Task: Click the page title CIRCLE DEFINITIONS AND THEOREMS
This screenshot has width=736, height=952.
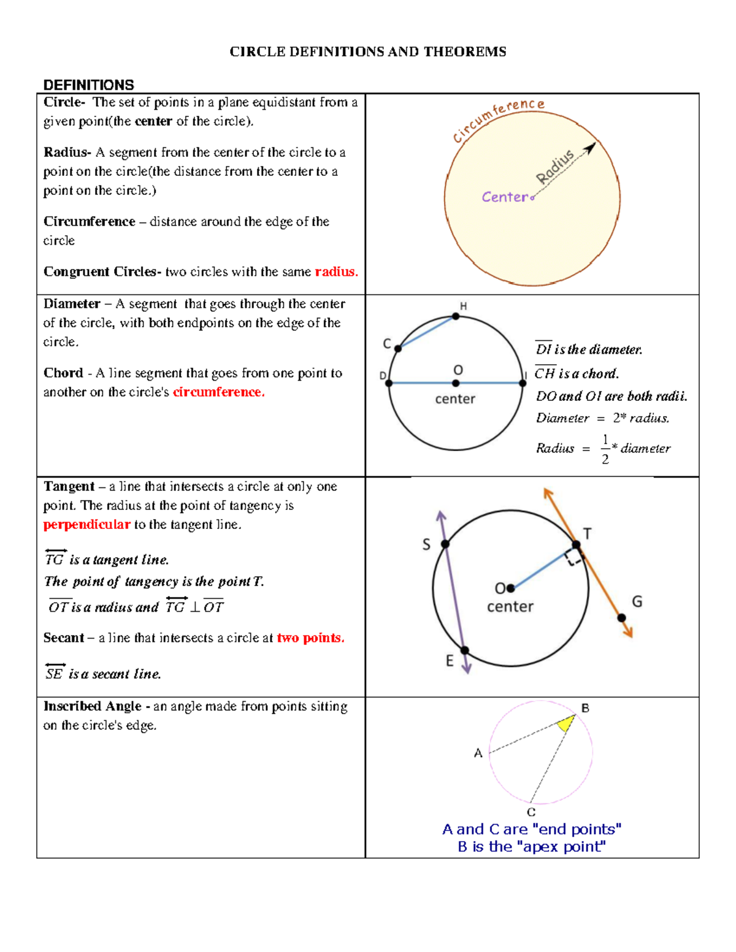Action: [368, 51]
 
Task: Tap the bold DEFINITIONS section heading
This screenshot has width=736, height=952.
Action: [89, 85]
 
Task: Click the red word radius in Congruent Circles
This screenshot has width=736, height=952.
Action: [336, 272]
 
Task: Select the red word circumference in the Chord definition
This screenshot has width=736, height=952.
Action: [218, 392]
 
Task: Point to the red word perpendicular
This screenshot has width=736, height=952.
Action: [86, 524]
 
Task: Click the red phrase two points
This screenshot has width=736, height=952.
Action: [310, 638]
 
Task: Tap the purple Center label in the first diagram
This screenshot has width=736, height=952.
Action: [504, 197]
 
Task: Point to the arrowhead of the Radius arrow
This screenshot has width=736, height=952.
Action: [591, 148]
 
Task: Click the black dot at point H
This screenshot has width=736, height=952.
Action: [456, 316]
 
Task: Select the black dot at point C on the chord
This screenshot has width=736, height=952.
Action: [398, 348]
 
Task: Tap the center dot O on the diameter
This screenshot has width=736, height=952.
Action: [456, 383]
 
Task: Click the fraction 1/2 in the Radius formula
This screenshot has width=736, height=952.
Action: [605, 449]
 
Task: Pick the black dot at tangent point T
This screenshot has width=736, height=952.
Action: [576, 544]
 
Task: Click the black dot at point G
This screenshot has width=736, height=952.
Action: [621, 618]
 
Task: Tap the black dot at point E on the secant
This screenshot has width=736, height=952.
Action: [464, 650]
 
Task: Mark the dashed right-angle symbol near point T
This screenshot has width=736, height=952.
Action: [573, 557]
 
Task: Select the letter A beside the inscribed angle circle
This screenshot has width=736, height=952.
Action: [478, 753]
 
